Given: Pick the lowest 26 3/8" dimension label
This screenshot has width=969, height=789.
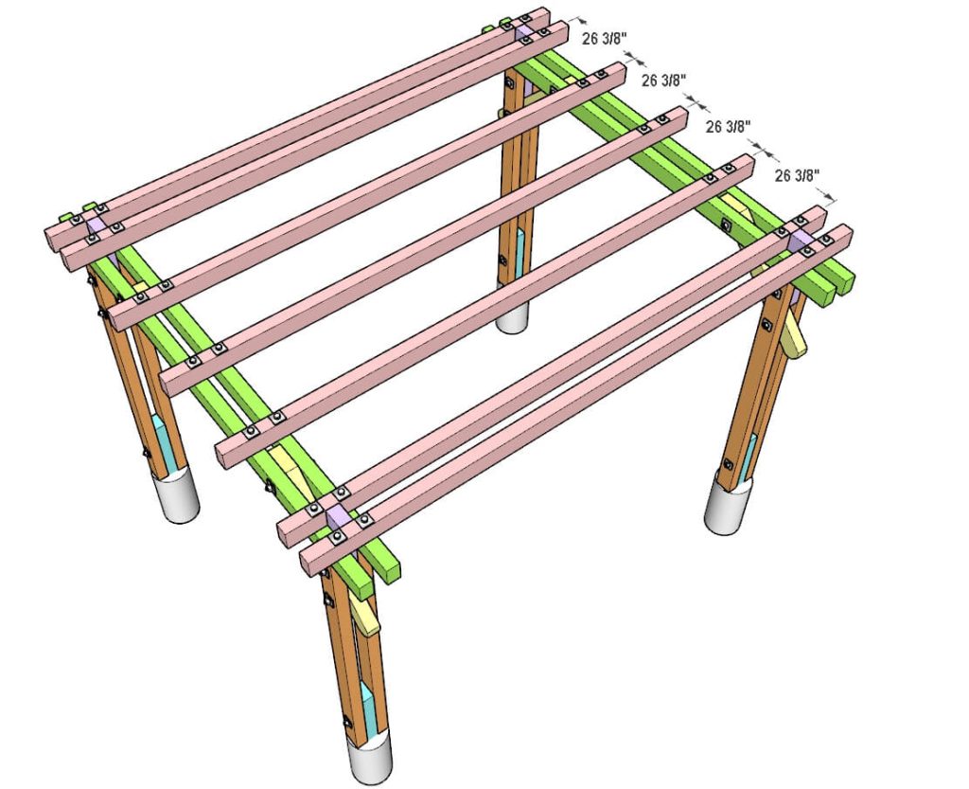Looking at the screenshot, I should [797, 175].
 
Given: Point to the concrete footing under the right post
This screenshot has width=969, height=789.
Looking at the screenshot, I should [730, 506].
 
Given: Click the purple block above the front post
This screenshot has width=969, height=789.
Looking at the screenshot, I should [337, 519].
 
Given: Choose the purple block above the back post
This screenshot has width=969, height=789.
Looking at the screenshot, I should [522, 33].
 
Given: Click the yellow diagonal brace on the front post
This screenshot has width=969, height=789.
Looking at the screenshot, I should [364, 615].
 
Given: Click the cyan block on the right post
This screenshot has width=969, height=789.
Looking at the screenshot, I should [750, 453].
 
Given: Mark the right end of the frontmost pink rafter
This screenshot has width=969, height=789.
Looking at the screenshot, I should [842, 238].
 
